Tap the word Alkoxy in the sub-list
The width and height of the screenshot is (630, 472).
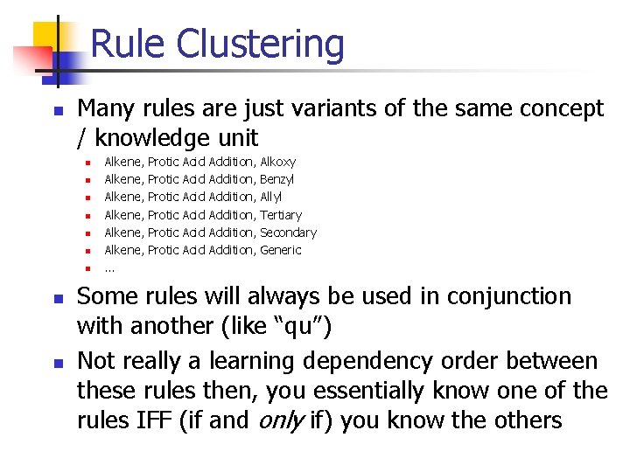pos(278,162)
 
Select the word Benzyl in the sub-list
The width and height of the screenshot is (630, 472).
pos(277,179)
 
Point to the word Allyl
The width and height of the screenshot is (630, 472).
pos(272,197)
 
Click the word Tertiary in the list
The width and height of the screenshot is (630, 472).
pos(281,215)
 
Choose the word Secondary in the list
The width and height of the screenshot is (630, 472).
pos(288,233)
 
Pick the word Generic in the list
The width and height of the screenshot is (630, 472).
pos(281,250)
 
